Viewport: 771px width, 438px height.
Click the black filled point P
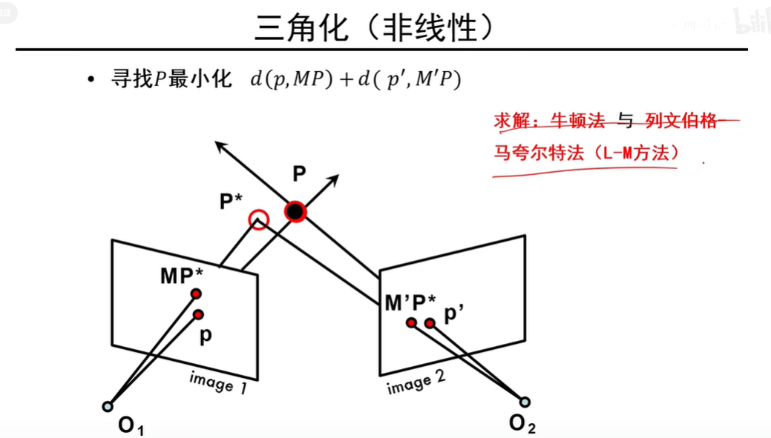coord(295,213)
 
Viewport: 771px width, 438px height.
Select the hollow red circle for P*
coord(258,219)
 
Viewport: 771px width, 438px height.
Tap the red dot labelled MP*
coord(196,294)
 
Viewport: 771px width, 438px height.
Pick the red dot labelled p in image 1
coord(199,314)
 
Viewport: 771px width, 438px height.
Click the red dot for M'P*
coord(410,322)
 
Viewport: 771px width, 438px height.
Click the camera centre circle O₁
coord(108,406)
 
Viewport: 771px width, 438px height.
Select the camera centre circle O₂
coord(525,402)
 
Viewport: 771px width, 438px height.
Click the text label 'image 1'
coord(217,381)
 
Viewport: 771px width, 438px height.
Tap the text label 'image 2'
coord(416,382)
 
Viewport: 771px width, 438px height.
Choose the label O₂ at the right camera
coord(522,424)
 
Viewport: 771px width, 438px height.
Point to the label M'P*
coord(411,302)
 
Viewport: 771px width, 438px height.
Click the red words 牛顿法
coord(578,121)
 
